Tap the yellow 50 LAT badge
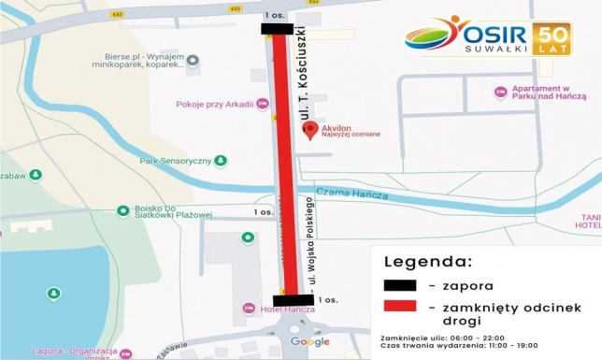tap(553, 36)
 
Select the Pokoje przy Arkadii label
tap(221, 104)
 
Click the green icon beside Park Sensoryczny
tap(221, 161)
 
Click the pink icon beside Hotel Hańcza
tap(248, 308)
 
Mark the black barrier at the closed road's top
tap(278, 29)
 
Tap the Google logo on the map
tap(310, 342)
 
